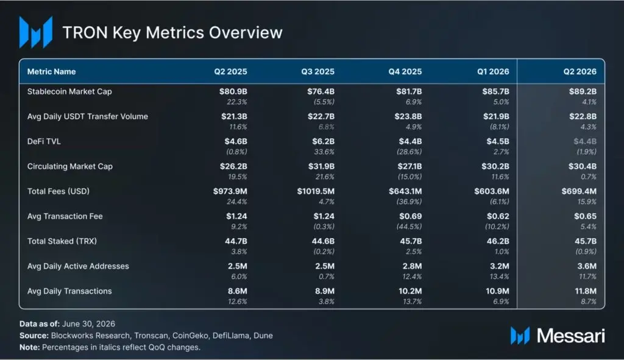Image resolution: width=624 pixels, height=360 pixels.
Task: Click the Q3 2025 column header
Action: (317, 72)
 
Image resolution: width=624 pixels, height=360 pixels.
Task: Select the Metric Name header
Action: (51, 72)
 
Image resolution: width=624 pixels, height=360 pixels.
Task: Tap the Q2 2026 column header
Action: (580, 72)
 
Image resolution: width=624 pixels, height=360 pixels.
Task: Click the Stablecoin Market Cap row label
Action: (69, 91)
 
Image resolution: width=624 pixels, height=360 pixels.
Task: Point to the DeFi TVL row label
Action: (44, 141)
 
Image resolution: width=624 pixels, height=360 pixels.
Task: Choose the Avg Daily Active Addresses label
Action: (78, 266)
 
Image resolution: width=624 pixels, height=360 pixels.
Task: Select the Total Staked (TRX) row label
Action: (62, 241)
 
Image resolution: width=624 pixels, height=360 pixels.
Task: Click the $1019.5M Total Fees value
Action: (316, 191)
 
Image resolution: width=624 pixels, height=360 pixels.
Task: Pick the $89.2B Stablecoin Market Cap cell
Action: (583, 91)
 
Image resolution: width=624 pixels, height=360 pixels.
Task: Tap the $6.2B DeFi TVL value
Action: (323, 141)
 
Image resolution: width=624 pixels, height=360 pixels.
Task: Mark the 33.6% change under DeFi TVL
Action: (324, 152)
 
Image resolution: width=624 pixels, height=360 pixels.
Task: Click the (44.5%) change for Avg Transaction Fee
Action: (409, 227)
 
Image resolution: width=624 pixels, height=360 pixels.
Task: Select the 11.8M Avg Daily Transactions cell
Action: (586, 291)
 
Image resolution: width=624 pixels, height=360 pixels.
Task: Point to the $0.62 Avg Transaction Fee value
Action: (498, 216)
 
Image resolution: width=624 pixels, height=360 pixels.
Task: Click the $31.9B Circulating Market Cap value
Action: (321, 166)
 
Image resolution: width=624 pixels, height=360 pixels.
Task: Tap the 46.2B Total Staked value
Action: (498, 241)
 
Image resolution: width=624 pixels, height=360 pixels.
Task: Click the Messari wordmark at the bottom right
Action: (570, 336)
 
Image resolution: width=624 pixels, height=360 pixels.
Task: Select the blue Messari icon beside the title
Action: (36, 32)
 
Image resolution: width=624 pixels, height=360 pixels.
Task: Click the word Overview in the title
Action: (246, 33)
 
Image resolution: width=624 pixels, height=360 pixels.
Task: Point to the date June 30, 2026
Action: (89, 324)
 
